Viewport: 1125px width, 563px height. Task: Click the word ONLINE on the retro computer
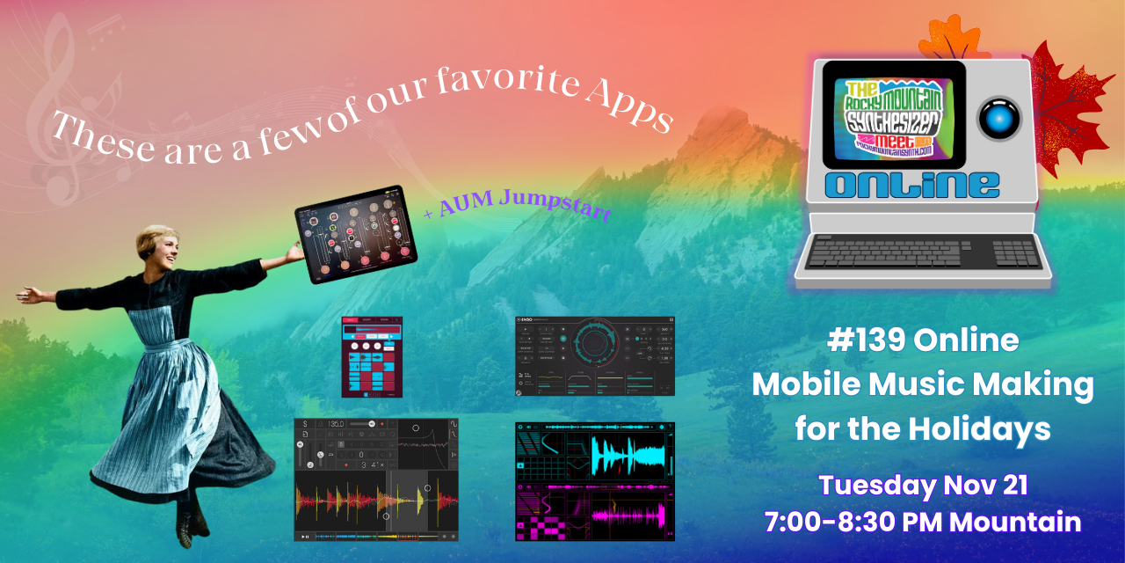tap(913, 185)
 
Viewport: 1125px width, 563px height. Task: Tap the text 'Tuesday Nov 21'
tap(923, 485)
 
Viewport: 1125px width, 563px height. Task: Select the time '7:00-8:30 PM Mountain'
tap(923, 522)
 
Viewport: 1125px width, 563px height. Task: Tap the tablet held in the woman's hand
tap(356, 235)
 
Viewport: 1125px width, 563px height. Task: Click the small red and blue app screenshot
tap(372, 356)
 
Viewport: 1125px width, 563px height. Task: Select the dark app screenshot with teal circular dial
tap(595, 356)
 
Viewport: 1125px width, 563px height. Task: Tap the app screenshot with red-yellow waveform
tap(376, 479)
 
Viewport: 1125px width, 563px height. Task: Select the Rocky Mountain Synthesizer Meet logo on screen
tap(894, 115)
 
